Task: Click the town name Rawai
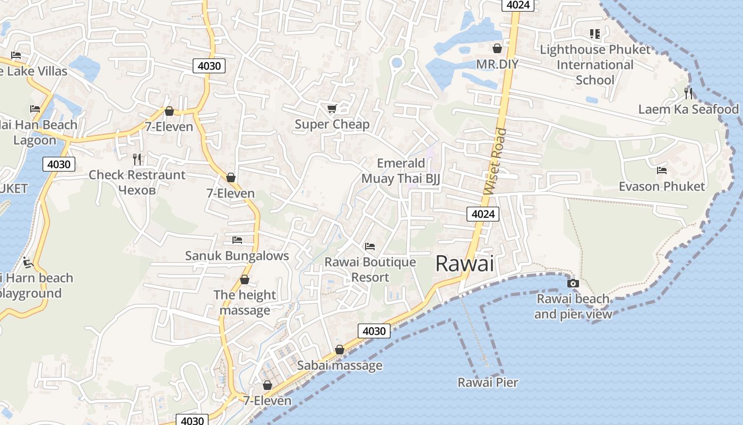tap(464, 263)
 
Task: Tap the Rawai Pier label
tap(488, 382)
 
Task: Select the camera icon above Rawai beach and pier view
tap(573, 283)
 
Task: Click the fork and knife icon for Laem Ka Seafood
tap(688, 93)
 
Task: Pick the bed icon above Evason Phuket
tap(661, 171)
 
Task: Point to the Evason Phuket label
tap(661, 186)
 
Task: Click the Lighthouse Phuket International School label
tap(595, 65)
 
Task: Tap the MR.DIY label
tap(497, 64)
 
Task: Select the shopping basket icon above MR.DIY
tap(497, 48)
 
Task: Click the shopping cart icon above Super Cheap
tap(332, 109)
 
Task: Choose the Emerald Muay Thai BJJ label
tap(401, 171)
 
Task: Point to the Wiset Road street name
tap(495, 161)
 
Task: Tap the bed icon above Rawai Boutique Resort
tap(370, 246)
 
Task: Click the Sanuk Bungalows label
tap(237, 256)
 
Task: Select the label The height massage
tap(245, 302)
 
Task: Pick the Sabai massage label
tap(340, 365)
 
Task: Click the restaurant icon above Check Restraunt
tap(137, 159)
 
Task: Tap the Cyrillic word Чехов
tap(137, 190)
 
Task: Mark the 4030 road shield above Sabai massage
tap(374, 331)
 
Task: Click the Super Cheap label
tap(332, 124)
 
